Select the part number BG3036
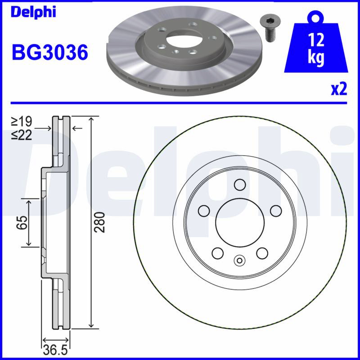[x=50, y=52]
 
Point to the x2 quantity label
[x=339, y=89]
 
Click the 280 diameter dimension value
[x=100, y=222]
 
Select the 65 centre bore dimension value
[x=22, y=222]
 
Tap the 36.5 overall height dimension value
[x=55, y=351]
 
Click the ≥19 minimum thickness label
[x=21, y=121]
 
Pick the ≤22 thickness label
[x=21, y=135]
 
